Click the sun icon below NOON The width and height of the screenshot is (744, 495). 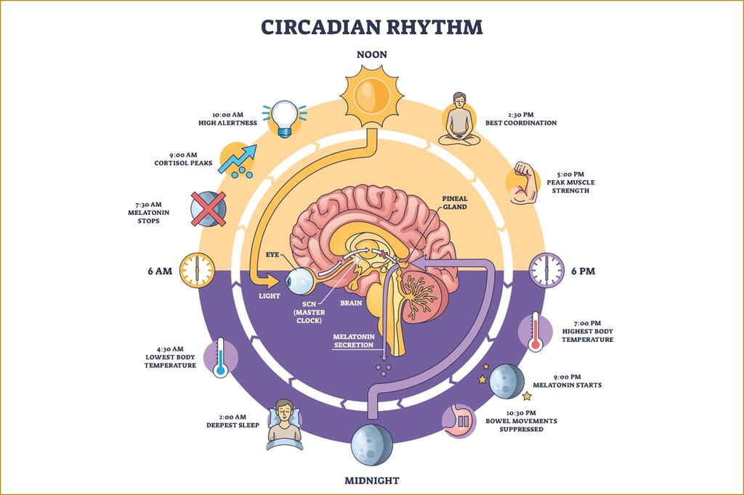pyautogui.click(x=371, y=95)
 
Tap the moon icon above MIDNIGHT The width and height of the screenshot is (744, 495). pyautogui.click(x=371, y=443)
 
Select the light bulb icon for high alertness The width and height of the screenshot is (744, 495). pyautogui.click(x=285, y=118)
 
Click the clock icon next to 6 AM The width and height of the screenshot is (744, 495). pyautogui.click(x=197, y=270)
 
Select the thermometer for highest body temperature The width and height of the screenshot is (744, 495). pyautogui.click(x=535, y=331)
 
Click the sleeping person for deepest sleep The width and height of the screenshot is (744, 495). pyautogui.click(x=284, y=424)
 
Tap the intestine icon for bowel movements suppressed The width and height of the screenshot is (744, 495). pyautogui.click(x=459, y=421)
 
